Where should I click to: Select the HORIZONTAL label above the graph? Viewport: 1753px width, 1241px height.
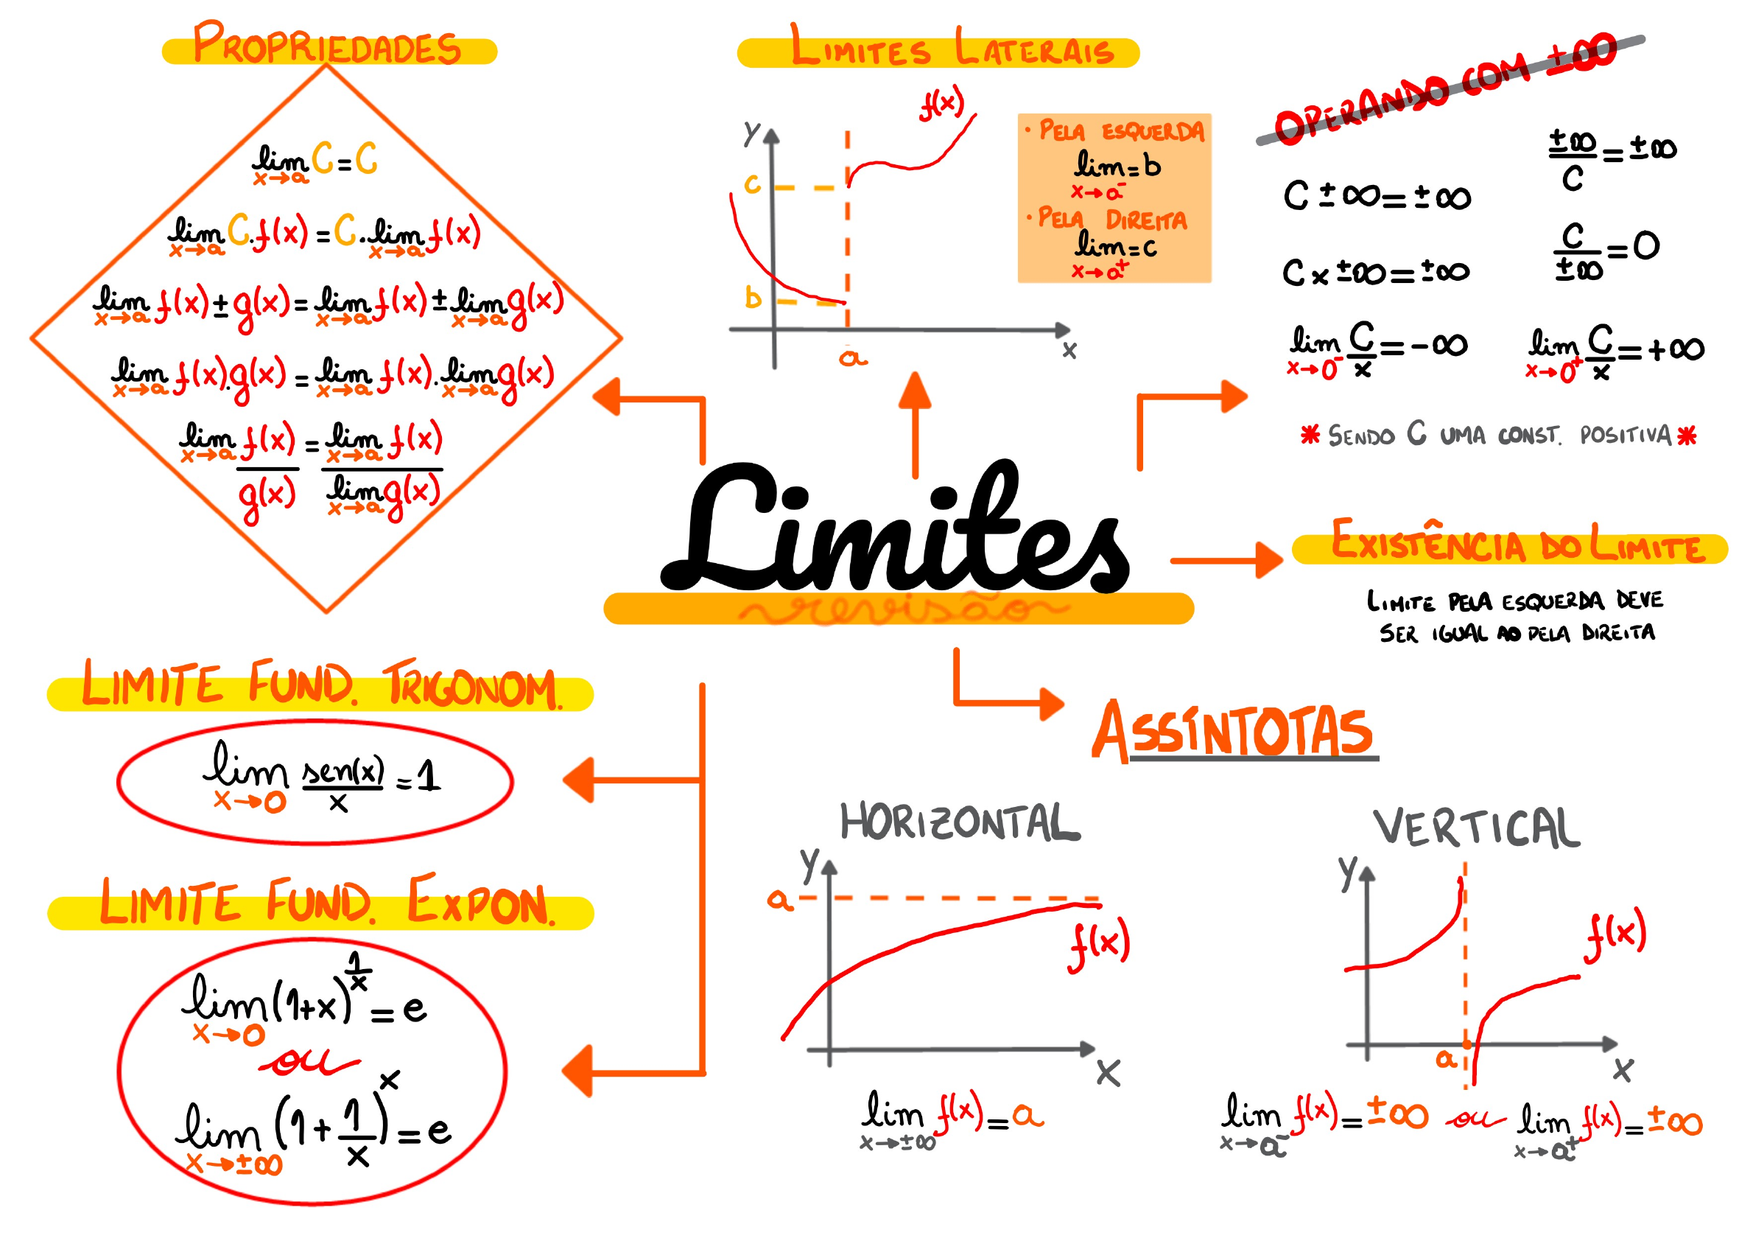coord(960,822)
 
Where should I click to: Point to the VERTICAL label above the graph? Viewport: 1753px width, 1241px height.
coord(1476,828)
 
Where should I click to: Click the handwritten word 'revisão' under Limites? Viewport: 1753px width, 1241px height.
coord(902,609)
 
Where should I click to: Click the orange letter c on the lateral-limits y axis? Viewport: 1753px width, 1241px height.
coord(752,184)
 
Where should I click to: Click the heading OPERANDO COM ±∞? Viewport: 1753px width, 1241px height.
coord(1444,88)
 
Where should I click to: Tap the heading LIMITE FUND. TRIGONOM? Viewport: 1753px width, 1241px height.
coord(321,685)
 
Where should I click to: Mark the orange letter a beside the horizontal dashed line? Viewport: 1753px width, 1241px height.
coord(779,899)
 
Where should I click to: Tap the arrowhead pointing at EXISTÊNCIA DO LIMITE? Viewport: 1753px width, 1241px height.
coord(1270,560)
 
